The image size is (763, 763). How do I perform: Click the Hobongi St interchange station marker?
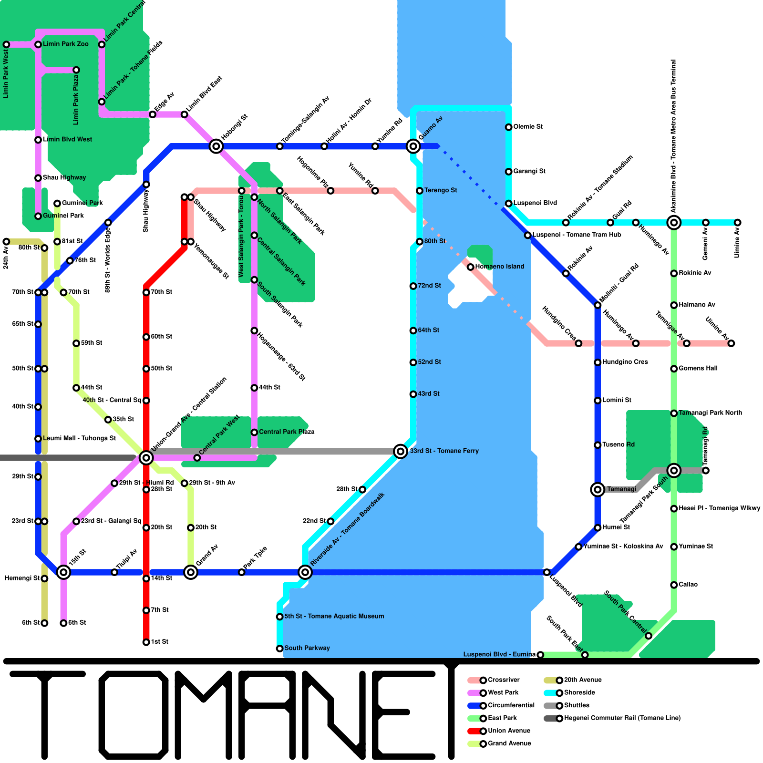[x=216, y=146]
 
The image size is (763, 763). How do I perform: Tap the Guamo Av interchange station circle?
[x=413, y=146]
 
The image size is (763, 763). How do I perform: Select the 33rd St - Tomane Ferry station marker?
[x=401, y=451]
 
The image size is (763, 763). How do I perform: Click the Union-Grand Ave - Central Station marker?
[x=146, y=458]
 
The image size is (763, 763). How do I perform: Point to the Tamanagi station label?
[x=621, y=489]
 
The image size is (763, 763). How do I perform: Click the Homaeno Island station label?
[x=499, y=267]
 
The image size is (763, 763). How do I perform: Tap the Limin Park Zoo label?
[x=65, y=44]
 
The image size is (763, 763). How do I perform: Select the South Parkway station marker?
[x=279, y=649]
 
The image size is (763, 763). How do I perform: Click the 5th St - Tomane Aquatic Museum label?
[x=334, y=617]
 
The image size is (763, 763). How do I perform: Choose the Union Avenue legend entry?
[x=508, y=731]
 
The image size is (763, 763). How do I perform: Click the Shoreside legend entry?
[x=579, y=693]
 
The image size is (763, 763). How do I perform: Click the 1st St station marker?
[x=146, y=642]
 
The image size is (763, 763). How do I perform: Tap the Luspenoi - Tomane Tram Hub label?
[x=577, y=235]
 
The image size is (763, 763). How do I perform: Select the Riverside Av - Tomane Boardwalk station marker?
[x=305, y=572]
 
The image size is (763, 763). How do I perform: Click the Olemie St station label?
[x=527, y=127]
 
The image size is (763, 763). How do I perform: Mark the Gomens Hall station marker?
[x=674, y=369]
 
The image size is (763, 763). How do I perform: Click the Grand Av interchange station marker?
[x=191, y=572]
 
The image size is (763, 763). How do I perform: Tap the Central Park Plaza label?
[x=286, y=432]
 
